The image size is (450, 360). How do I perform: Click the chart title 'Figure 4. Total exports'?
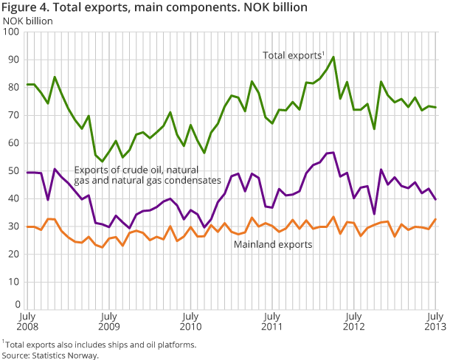click(156, 9)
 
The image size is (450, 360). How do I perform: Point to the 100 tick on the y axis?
click(10, 32)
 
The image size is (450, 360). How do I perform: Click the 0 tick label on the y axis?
click(16, 304)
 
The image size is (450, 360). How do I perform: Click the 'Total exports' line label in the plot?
click(293, 55)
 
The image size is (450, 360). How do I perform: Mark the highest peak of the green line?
click(333, 57)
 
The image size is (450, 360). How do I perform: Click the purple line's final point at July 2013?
click(435, 199)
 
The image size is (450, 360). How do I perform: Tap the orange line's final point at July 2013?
click(435, 219)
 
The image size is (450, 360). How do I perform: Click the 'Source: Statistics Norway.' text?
click(50, 355)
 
